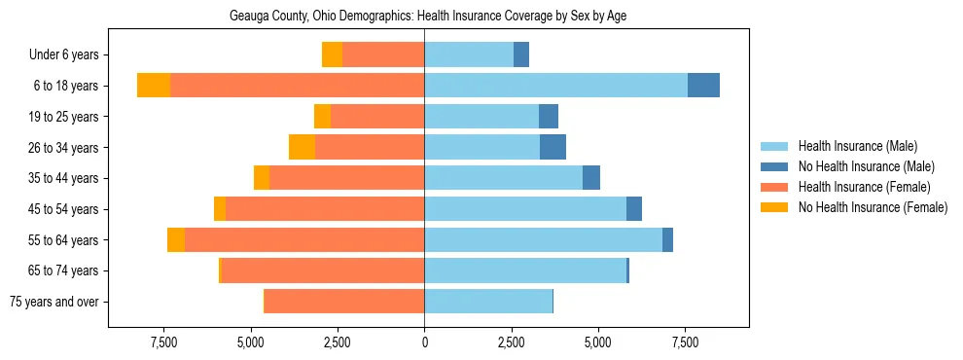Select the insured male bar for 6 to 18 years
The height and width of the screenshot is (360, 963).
coord(555,85)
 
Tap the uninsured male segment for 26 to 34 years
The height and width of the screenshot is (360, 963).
coord(553,147)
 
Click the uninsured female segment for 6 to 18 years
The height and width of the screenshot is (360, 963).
coord(154,85)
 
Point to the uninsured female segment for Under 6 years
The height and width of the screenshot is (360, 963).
coord(332,54)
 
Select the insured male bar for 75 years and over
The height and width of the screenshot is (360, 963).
coord(488,301)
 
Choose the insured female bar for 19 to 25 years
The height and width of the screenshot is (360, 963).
coord(377,116)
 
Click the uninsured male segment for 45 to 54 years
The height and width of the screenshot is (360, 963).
coord(634,208)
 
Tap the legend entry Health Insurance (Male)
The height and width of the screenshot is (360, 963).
coord(857,146)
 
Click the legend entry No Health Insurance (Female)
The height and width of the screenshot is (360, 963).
coord(873,207)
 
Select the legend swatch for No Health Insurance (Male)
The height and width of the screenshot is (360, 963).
coord(774,166)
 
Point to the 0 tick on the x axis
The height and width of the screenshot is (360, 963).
coord(424,342)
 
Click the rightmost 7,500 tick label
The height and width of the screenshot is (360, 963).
coord(685,342)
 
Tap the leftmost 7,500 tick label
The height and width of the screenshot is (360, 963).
coord(163,342)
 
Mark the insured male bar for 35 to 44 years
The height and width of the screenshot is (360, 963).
coord(503,177)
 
